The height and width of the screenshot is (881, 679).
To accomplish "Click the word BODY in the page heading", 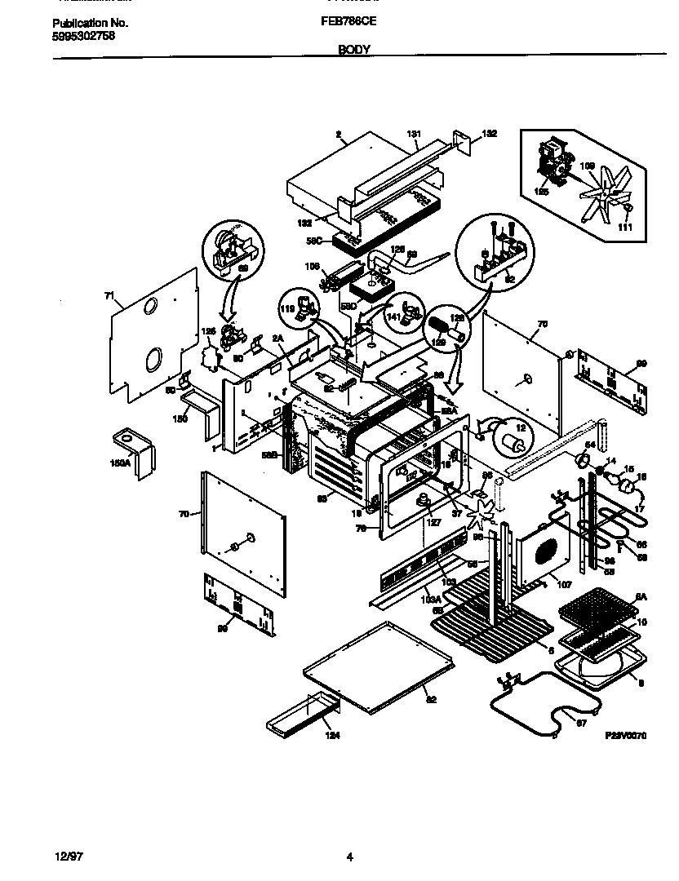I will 354,50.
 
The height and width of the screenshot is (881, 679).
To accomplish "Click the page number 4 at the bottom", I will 349,857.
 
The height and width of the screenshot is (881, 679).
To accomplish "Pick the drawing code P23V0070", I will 625,735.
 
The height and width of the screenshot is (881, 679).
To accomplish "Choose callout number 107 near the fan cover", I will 563,584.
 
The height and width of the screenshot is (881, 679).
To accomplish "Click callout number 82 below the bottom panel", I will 429,699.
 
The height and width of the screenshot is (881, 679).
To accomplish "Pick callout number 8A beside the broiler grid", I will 641,597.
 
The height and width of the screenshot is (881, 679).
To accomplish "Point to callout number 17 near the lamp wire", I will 641,509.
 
